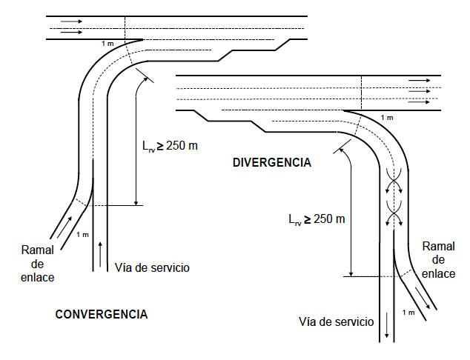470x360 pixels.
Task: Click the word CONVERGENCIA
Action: point(102,314)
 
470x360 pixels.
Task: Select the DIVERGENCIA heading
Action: point(271,162)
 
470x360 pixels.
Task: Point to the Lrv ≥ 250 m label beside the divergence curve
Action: point(318,219)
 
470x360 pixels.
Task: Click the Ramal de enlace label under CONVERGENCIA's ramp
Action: point(37,264)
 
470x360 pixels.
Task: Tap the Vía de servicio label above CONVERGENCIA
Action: point(153,267)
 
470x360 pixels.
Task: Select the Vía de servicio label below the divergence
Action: point(336,321)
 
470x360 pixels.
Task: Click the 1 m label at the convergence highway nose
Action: point(108,44)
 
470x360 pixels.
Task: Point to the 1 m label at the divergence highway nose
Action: point(387,117)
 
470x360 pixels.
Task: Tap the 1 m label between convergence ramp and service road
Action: point(83,235)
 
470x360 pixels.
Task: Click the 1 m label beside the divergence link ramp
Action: point(408,313)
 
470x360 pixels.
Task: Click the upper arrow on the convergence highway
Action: point(72,21)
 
